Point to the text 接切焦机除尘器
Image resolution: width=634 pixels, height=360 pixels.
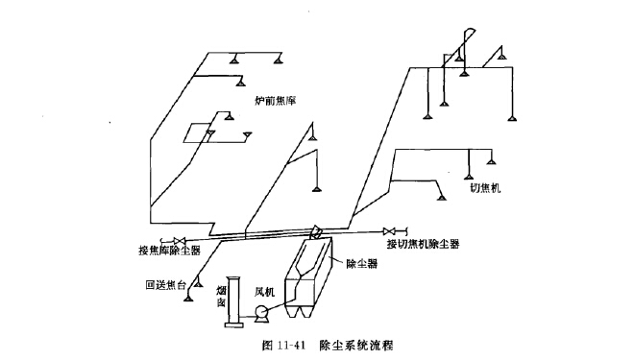coord(423,245)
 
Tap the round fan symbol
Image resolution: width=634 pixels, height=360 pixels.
coord(259,312)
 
